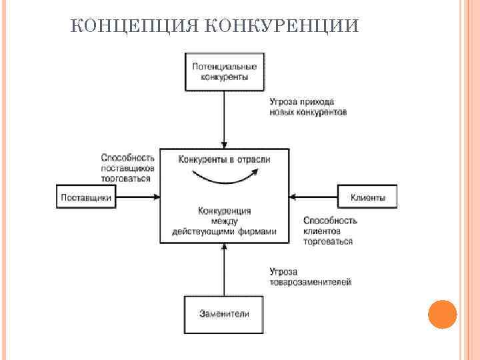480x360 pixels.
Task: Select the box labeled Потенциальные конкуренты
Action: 224,71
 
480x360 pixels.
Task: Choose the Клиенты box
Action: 368,197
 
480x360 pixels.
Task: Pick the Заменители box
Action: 224,313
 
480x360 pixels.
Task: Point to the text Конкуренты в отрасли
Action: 224,159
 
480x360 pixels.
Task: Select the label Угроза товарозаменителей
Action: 310,277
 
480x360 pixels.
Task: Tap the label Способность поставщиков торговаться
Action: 128,168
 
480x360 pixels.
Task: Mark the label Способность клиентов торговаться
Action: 330,230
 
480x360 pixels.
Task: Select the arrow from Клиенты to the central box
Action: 315,197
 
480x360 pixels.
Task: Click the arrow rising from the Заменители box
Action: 225,270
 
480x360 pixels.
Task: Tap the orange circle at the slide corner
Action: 441,314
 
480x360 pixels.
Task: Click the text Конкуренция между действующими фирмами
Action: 224,221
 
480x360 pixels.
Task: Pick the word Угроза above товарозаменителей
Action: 283,271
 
